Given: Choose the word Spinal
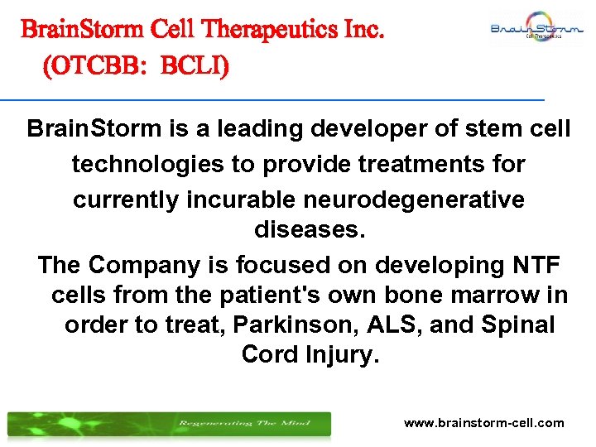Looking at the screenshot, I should point(513,324).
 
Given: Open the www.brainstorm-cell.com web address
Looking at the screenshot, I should point(483,423).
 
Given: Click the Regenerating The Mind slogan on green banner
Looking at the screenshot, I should point(244,424).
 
